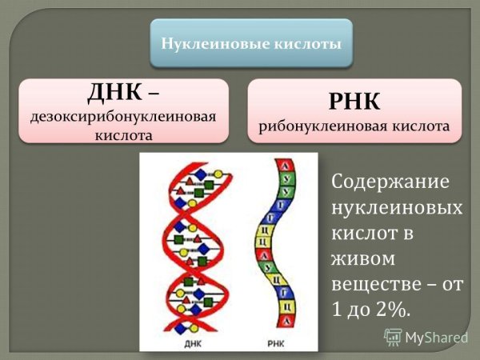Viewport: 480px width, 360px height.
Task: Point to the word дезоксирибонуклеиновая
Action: tap(123, 117)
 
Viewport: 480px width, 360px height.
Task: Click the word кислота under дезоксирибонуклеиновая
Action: tap(123, 134)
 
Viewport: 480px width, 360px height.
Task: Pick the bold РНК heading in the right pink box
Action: tap(354, 102)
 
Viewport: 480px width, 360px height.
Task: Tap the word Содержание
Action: tap(390, 182)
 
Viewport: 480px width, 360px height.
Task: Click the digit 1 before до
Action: tap(336, 310)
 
